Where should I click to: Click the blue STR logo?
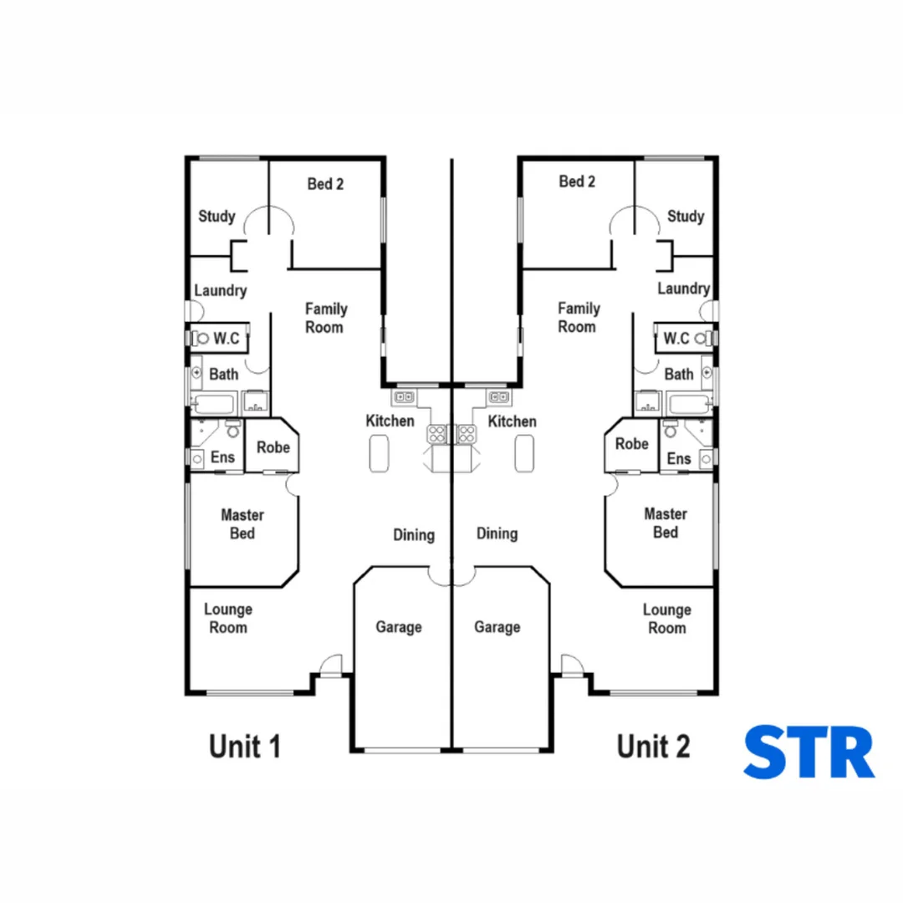click(x=809, y=752)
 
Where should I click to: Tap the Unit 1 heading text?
click(x=244, y=746)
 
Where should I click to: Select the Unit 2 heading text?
click(x=653, y=746)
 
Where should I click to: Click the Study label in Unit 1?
click(x=217, y=217)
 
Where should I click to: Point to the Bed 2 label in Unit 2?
click(x=577, y=181)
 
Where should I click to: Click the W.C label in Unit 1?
click(x=227, y=339)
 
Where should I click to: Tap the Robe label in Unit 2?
click(x=631, y=445)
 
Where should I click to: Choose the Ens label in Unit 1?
click(x=222, y=457)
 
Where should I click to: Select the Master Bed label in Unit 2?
click(x=666, y=523)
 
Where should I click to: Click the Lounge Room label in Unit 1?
click(x=228, y=619)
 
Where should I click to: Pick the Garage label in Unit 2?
click(x=497, y=627)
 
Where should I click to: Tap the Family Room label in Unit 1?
click(x=325, y=318)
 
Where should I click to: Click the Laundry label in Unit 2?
click(x=683, y=288)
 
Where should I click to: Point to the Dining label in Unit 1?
click(x=414, y=534)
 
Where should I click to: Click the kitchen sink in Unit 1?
click(x=405, y=396)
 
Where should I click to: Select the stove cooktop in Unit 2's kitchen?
click(x=467, y=433)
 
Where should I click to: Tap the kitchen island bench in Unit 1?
click(x=380, y=454)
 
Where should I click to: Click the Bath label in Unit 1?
click(x=223, y=374)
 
